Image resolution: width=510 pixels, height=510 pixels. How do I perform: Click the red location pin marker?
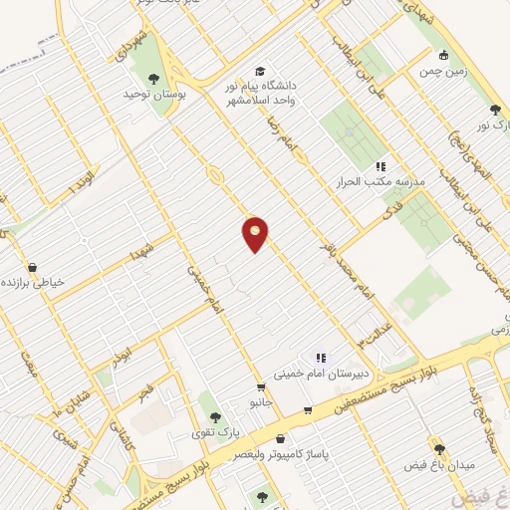[x=256, y=233]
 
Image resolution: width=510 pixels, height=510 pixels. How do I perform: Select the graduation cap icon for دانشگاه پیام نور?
[x=260, y=72]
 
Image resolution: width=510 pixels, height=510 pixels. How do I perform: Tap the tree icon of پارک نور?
[x=495, y=110]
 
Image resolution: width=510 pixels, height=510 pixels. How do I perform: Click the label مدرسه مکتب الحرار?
[x=383, y=182]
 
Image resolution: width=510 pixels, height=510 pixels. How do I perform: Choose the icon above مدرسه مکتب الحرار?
[x=380, y=166]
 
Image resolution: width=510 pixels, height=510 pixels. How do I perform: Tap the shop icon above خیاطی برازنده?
[x=35, y=267]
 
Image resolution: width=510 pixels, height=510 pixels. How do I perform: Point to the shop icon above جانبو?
[x=261, y=387]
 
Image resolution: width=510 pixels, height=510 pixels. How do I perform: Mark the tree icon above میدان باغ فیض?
[x=439, y=449]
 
